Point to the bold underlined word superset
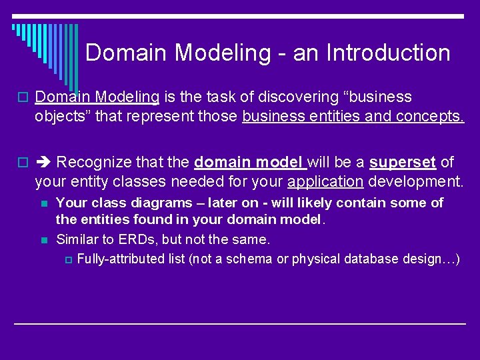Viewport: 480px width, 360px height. click(403, 162)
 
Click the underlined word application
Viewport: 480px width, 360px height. click(325, 181)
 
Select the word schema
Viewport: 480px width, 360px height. click(249, 259)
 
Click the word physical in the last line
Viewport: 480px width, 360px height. click(315, 259)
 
